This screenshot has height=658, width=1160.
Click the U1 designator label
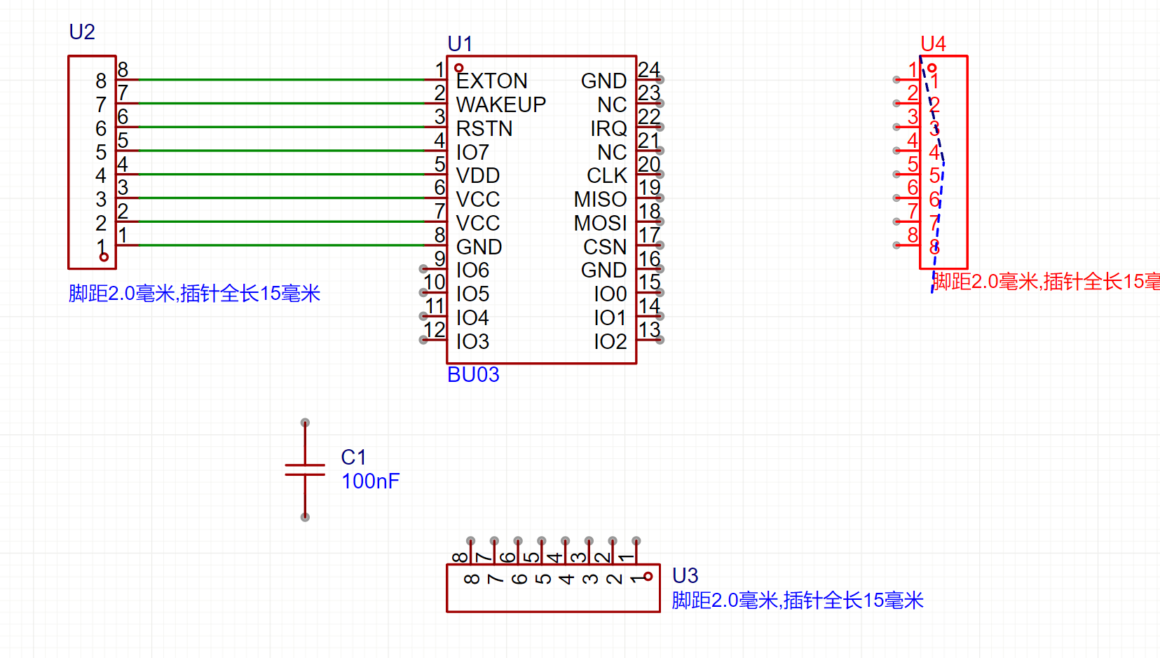pos(460,44)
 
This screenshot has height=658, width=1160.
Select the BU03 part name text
pos(473,375)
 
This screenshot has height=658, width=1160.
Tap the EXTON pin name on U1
pos(492,81)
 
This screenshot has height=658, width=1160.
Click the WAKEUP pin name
pos(501,105)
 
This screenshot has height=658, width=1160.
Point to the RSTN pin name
pos(484,129)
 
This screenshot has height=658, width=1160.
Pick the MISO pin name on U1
pos(600,200)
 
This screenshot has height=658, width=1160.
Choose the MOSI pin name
pos(600,224)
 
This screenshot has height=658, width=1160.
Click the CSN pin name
pos(605,247)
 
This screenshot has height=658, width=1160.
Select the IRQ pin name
pos(608,129)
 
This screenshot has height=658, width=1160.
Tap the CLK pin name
pos(607,176)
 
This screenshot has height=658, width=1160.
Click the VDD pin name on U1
pos(478,176)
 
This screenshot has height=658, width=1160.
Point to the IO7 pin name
pos(472,153)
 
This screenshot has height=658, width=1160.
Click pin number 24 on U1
pos(649,69)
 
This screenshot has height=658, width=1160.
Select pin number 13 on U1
pos(649,329)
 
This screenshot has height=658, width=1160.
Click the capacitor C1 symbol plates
pos(305,469)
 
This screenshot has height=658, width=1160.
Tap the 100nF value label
pos(370,481)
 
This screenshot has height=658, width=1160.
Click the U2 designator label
pos(82,32)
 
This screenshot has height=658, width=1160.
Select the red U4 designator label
pos(933,44)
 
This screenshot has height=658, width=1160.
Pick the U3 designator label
pos(685,576)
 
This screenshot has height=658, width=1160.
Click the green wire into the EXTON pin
pos(280,80)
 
